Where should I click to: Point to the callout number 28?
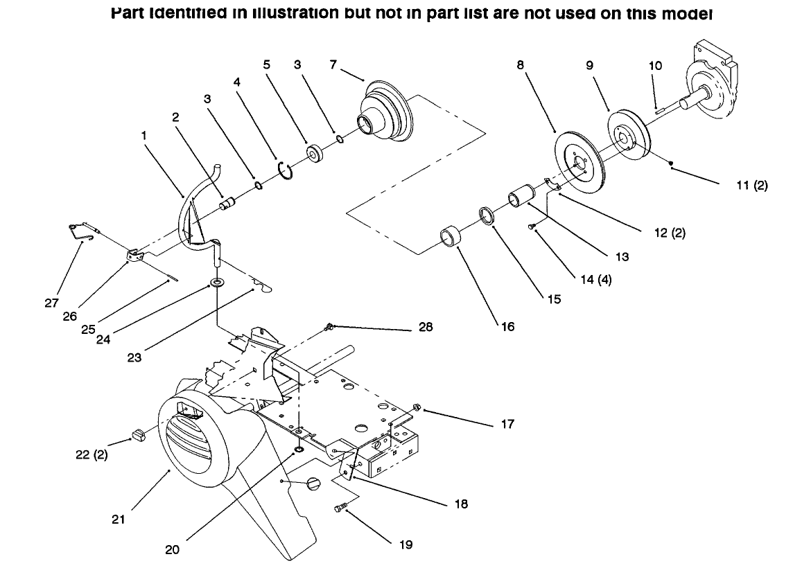pos(425,327)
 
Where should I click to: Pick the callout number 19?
pos(406,544)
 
